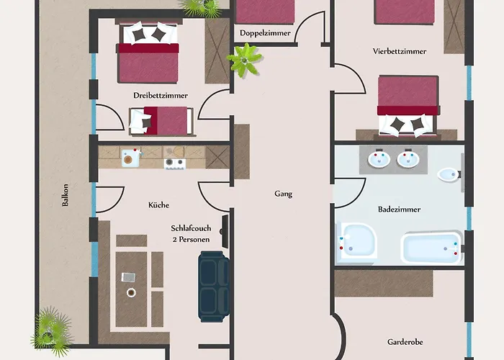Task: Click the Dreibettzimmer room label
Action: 161,96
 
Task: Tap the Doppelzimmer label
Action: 265,33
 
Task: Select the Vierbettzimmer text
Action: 400,51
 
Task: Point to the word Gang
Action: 284,194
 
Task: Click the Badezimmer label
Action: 399,210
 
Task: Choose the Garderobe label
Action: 405,342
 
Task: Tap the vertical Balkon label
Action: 66,195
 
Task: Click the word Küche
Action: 159,205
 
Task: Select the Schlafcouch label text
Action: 191,228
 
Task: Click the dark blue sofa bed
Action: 214,287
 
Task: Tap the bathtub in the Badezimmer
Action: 431,248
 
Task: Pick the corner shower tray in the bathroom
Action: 356,240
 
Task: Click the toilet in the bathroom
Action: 449,175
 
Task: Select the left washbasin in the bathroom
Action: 379,159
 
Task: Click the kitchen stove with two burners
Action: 174,163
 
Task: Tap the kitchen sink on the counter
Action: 130,158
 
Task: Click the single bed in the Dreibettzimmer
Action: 161,121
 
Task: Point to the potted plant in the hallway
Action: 245,60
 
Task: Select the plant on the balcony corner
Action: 51,332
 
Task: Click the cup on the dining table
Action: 131,292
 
